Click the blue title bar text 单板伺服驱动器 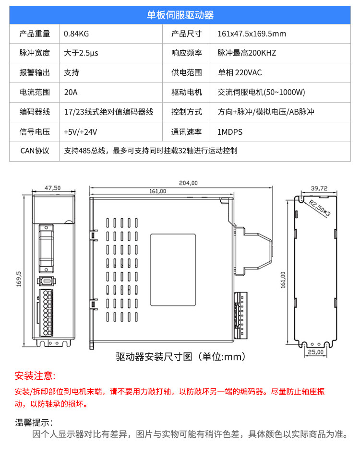[180, 15]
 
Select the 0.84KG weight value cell [77, 34]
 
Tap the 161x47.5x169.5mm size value [252, 34]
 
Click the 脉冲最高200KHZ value [247, 53]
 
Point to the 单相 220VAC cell [240, 72]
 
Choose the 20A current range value [71, 92]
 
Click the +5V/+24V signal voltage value [81, 131]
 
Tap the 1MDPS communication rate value [230, 131]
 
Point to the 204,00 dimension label [188, 183]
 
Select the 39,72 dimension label [319, 188]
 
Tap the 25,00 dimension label [316, 351]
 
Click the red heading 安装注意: [35, 375]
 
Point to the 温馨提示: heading [34, 422]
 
